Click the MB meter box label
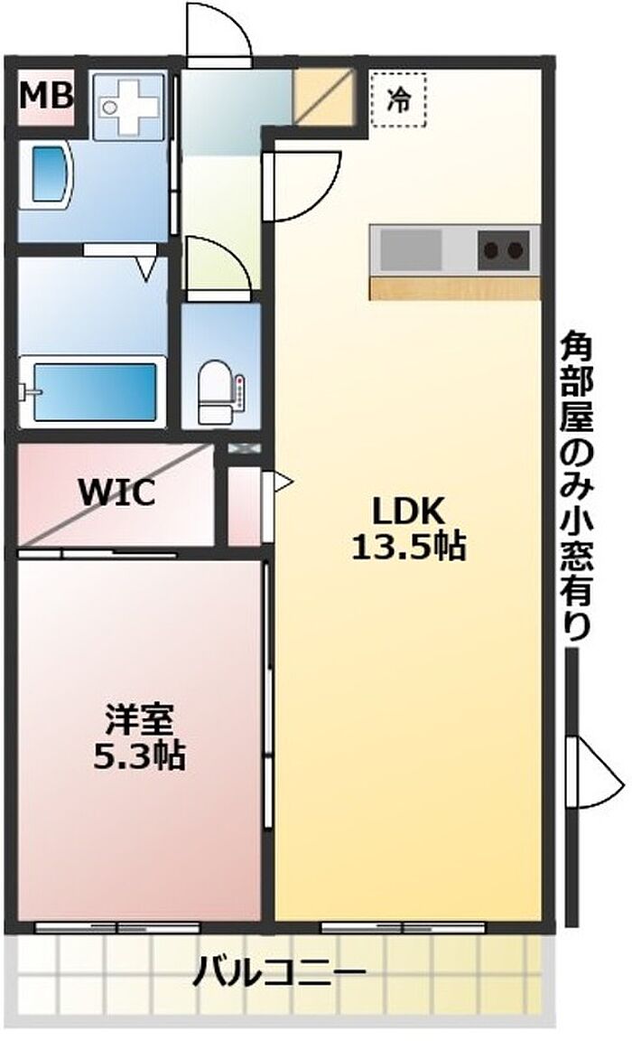coord(45,97)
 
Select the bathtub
coord(93,391)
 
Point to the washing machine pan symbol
coord(128,106)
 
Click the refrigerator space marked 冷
coord(398,98)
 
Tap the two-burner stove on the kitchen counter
coord(504,249)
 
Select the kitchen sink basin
coord(411,249)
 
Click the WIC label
coord(116,492)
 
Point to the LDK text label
coord(408,511)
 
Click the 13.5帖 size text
coord(408,547)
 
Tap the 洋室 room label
coord(139,718)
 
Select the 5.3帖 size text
coord(139,755)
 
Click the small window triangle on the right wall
coord(596,771)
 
